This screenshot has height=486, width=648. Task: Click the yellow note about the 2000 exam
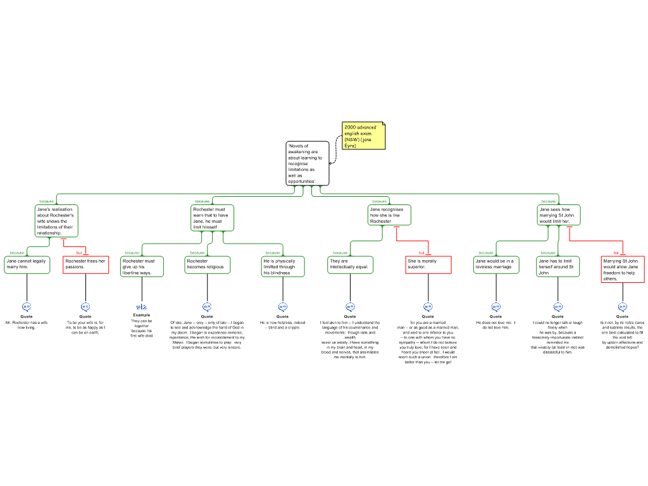[363, 136]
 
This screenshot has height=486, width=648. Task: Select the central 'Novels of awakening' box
[308, 163]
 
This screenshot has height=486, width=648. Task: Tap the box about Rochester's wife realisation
[56, 221]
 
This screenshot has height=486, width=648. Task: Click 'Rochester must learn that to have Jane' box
[213, 218]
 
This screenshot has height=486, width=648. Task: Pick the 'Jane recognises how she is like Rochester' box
[389, 215]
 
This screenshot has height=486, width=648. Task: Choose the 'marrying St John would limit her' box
[559, 215]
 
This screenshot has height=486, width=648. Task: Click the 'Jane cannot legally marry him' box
[27, 265]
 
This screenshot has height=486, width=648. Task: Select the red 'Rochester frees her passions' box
[86, 265]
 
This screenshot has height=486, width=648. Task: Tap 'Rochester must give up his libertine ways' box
[142, 266]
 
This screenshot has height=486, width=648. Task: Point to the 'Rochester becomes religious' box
[208, 265]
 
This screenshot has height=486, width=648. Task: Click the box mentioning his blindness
[283, 266]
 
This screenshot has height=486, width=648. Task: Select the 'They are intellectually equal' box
[351, 265]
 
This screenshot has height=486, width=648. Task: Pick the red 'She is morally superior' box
[428, 265]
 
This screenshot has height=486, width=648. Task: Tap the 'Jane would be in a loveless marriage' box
[496, 265]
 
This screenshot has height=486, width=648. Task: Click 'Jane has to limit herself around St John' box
[558, 266]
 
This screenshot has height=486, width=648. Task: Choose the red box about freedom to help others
[623, 269]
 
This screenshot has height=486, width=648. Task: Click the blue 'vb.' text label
[142, 307]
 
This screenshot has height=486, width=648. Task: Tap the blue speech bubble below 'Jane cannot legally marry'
[27, 307]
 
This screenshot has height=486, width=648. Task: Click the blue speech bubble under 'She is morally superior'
[428, 307]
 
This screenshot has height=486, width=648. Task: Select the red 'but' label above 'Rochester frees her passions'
[79, 252]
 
